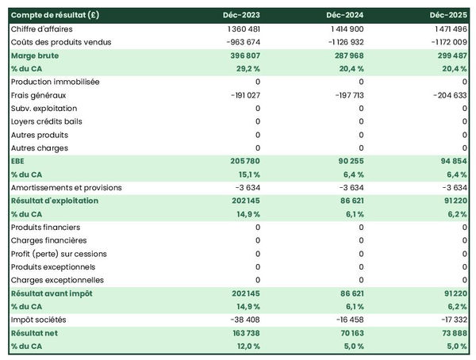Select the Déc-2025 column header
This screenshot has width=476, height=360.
[x=447, y=15]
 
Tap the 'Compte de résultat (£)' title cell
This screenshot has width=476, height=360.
[x=55, y=15]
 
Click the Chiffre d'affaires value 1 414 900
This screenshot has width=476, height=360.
[x=344, y=29]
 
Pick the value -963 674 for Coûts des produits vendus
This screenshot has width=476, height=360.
[x=239, y=42]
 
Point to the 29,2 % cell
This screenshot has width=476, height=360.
[x=246, y=69]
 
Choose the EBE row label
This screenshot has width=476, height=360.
[x=18, y=161]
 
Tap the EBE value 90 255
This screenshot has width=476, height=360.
[x=347, y=161]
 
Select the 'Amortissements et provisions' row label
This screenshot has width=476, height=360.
[x=67, y=188]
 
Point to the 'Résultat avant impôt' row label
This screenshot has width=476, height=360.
[x=52, y=293]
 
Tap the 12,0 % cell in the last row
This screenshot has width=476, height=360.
[x=247, y=347]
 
